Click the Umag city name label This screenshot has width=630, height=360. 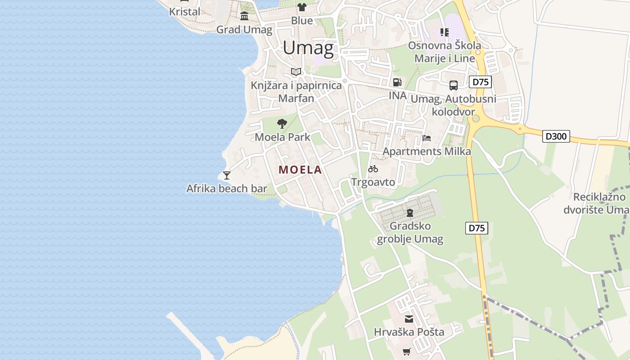click(x=309, y=48)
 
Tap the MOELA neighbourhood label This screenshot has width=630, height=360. click(x=300, y=170)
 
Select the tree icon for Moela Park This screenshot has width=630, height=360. click(x=282, y=124)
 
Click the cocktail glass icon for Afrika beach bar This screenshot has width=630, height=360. click(x=227, y=175)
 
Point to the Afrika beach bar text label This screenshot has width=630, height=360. click(x=227, y=189)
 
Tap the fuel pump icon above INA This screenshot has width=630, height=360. click(x=397, y=82)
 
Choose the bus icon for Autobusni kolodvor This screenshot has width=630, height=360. click(x=454, y=85)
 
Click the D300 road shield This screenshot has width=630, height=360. click(x=556, y=136)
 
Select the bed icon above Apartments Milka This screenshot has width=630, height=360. click(x=427, y=138)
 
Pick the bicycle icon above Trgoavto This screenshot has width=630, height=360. click(x=373, y=169)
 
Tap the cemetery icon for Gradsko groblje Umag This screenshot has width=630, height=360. click(x=409, y=212)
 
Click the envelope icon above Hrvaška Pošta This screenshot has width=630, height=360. click(x=409, y=319)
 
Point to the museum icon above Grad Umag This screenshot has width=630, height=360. click(x=244, y=17)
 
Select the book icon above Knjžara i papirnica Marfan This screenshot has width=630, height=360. click(x=296, y=72)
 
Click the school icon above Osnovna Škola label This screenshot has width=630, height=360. click(x=445, y=32)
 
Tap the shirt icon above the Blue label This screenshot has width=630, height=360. click(x=301, y=7)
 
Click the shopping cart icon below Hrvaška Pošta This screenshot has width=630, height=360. click(x=407, y=351)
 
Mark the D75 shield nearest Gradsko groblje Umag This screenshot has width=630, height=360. click(x=477, y=228)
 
